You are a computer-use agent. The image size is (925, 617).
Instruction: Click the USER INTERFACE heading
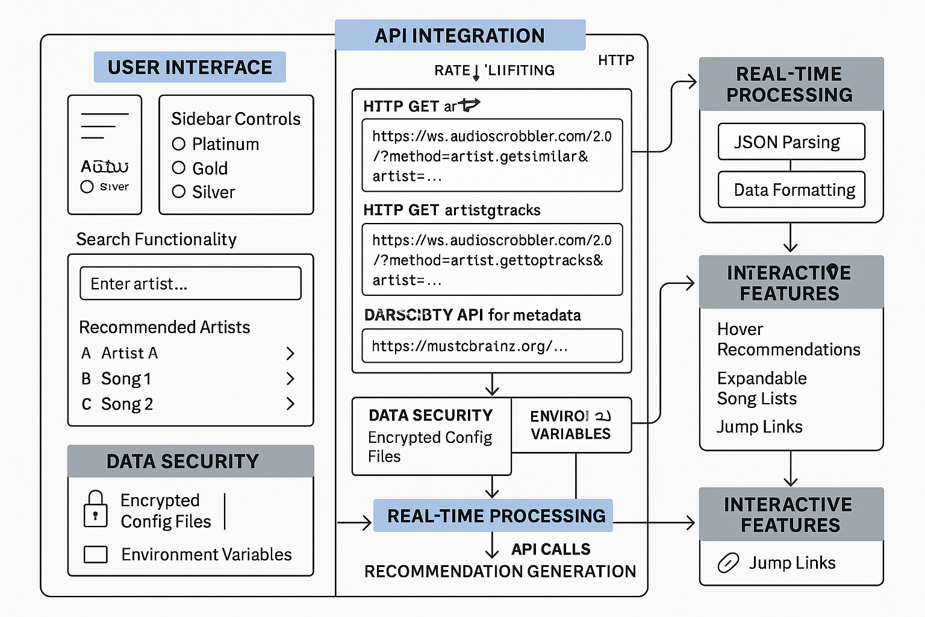coord(190,67)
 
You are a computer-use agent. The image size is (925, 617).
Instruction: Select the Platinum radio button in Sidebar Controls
coord(178,144)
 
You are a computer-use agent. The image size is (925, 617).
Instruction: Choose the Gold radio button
coord(178,168)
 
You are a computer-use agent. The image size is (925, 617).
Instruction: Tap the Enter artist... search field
coord(190,283)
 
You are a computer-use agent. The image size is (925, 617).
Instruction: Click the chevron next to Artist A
coord(290,353)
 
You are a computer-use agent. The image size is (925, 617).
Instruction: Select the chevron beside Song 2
coord(290,404)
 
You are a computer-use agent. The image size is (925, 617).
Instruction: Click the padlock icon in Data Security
coord(95,509)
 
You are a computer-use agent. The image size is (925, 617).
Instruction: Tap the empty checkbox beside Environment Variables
coord(96,554)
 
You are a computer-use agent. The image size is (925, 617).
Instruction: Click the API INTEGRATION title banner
coord(459,36)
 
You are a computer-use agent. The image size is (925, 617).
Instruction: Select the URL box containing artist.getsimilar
coord(492,155)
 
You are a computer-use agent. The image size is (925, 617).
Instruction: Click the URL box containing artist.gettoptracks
coord(492,260)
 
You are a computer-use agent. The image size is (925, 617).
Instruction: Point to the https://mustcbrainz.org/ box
coord(492,346)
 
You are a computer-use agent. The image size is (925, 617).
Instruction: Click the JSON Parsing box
coord(791,142)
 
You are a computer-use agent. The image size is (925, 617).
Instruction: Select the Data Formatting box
coord(791,190)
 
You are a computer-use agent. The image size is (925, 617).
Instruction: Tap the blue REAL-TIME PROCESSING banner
coord(493,516)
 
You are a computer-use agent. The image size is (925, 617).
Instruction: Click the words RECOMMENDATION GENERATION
coord(500,571)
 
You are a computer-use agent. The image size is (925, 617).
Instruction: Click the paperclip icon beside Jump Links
coord(728,563)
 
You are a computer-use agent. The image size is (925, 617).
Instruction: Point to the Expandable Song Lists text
coord(762,389)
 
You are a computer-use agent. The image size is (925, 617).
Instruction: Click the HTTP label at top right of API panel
coord(616,60)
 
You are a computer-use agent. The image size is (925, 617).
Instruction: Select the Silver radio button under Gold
coord(178,192)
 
